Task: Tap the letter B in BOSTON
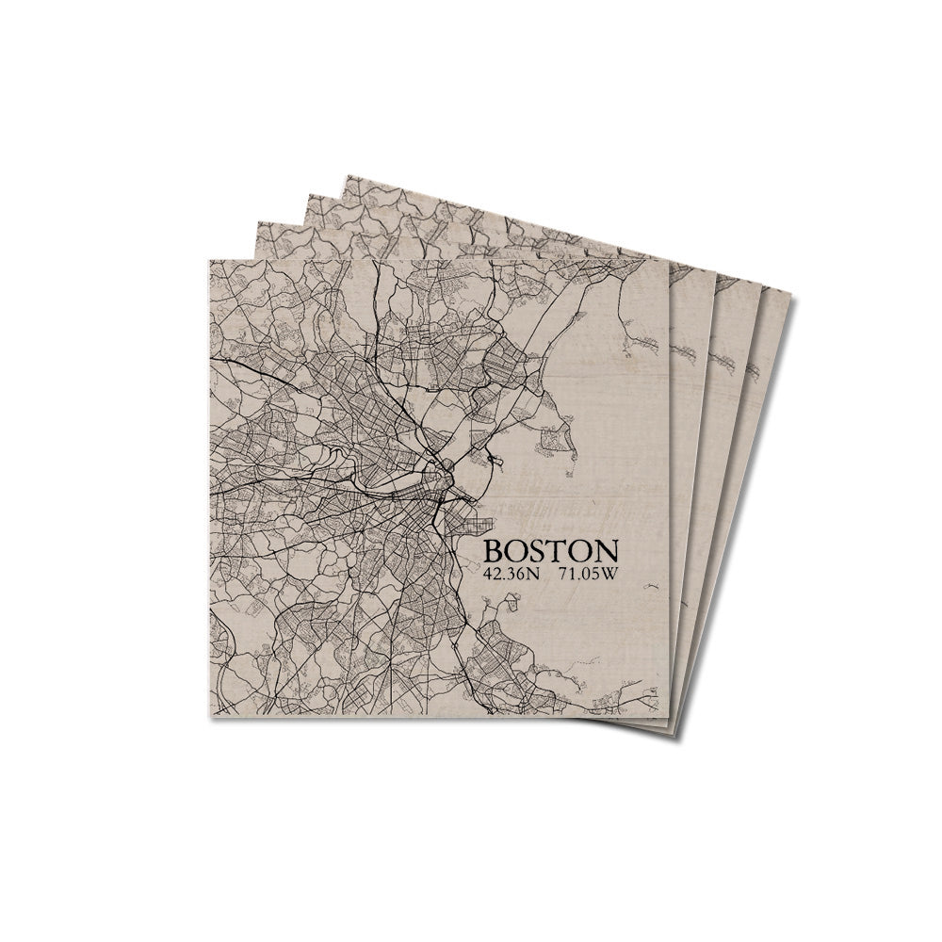coord(493,551)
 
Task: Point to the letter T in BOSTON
coord(557,551)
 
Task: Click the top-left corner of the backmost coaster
coord(348,175)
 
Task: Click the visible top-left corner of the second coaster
coord(256,222)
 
